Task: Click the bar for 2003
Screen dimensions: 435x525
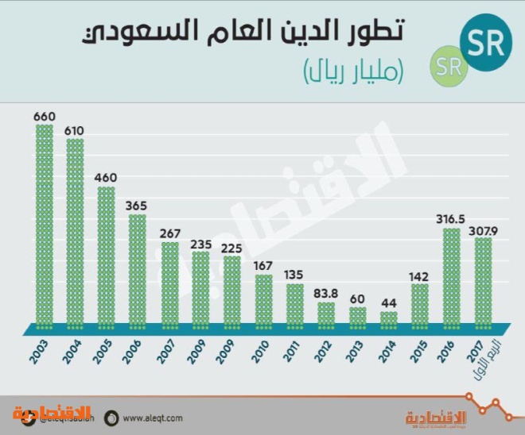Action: [44, 226]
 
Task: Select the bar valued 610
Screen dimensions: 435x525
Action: [75, 234]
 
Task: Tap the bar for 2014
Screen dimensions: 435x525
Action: [388, 320]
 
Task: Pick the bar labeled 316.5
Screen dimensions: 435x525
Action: [451, 278]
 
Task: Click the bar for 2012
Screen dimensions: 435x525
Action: [326, 314]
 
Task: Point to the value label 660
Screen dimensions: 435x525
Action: [44, 117]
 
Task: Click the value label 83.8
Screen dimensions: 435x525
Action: [326, 294]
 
